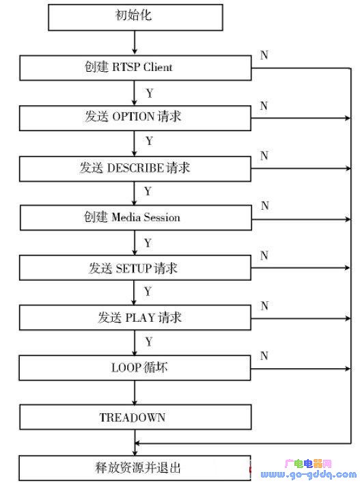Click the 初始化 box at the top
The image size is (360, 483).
coord(135,17)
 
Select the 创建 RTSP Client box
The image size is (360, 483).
coord(135,68)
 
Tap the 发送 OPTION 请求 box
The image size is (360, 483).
coord(135,118)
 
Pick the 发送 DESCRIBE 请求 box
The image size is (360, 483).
coord(135,169)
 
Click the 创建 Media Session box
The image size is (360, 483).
coord(136,218)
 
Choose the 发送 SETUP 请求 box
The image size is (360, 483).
coord(135,268)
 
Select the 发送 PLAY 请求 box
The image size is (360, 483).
coord(135,318)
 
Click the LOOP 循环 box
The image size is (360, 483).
coord(135,368)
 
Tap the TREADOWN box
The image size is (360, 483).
coord(135,417)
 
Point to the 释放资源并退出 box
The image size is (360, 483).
coord(135,468)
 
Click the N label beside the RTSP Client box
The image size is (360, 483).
coord(264,55)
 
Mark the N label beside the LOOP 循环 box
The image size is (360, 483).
coord(264,356)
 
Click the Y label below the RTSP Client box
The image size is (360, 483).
coord(150,93)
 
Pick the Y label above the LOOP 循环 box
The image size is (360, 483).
coord(149,342)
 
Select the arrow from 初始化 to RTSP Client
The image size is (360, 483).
coord(135,43)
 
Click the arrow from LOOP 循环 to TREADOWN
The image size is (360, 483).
coord(135,393)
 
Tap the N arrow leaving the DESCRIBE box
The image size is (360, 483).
coord(301,169)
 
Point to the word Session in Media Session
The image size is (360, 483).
coord(162,217)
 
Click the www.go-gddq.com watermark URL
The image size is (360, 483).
coord(308,475)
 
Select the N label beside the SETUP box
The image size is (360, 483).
coord(264,256)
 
